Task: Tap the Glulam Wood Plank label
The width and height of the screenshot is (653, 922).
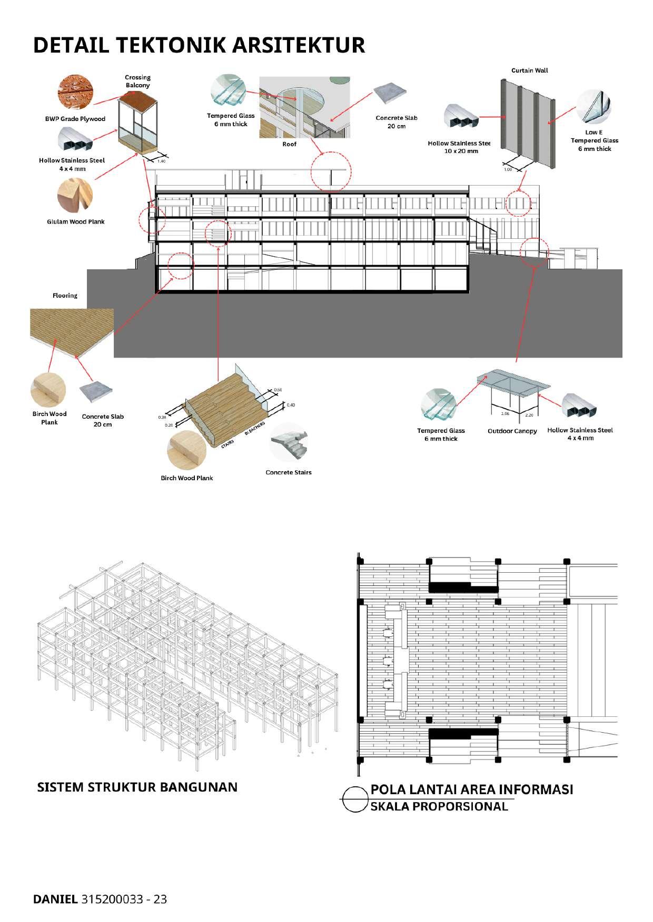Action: (x=76, y=221)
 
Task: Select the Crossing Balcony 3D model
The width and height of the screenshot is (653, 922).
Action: (x=137, y=124)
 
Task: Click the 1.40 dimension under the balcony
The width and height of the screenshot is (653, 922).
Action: (x=162, y=161)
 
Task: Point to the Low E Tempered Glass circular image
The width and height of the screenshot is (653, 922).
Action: (x=594, y=107)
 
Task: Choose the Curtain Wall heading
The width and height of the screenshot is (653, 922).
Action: (x=529, y=70)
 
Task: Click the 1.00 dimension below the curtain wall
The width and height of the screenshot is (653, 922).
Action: (x=508, y=170)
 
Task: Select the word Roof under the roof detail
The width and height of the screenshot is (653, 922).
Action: (x=290, y=144)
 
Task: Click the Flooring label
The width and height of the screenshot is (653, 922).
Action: (x=65, y=295)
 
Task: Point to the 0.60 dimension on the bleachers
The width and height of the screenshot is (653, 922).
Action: (x=278, y=390)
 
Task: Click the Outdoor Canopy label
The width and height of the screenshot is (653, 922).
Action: (x=512, y=431)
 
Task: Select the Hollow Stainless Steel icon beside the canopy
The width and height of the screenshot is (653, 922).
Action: (x=579, y=408)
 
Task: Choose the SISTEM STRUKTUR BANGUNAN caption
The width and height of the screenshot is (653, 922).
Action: (x=137, y=787)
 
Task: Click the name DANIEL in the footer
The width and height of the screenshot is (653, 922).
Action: (x=55, y=899)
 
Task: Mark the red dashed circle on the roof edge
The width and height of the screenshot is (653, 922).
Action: (x=330, y=171)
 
